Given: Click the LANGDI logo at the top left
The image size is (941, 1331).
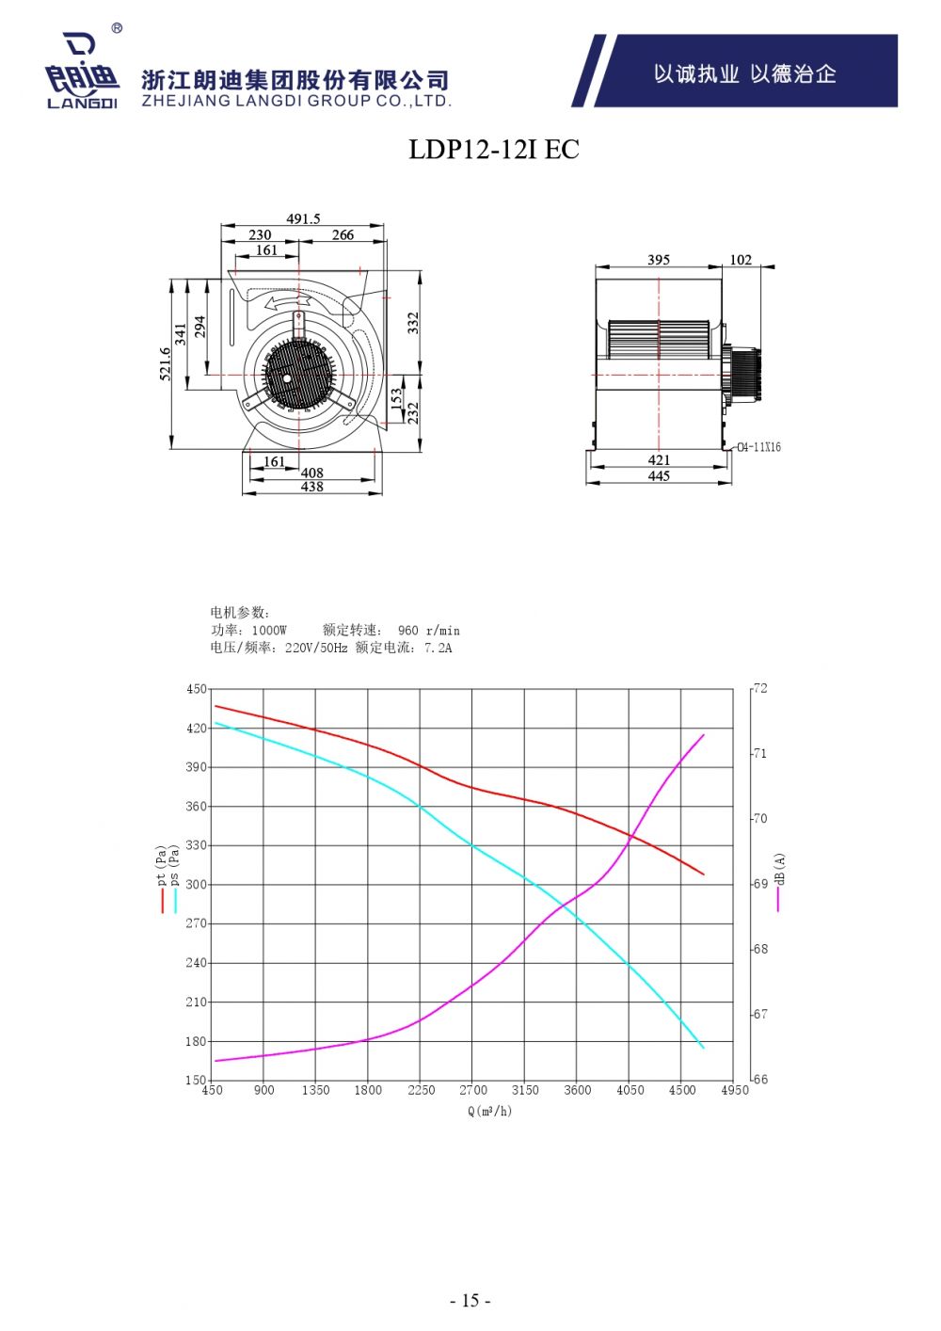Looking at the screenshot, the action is pos(81,69).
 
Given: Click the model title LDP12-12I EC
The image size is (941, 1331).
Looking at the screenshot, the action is pos(494,149).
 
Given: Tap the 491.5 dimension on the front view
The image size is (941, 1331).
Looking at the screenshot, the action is pos(303,218).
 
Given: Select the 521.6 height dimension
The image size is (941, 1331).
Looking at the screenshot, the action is pos(166,363).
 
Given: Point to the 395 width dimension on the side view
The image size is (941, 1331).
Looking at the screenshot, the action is pos(658,260).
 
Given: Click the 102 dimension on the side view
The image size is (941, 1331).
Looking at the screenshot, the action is pos(741,260).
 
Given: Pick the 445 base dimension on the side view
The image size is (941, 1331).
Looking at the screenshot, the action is pos(659,476).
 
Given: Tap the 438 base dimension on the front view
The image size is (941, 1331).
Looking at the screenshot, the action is pos(311,487).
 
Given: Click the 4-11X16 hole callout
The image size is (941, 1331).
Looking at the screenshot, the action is pos(759,447).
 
